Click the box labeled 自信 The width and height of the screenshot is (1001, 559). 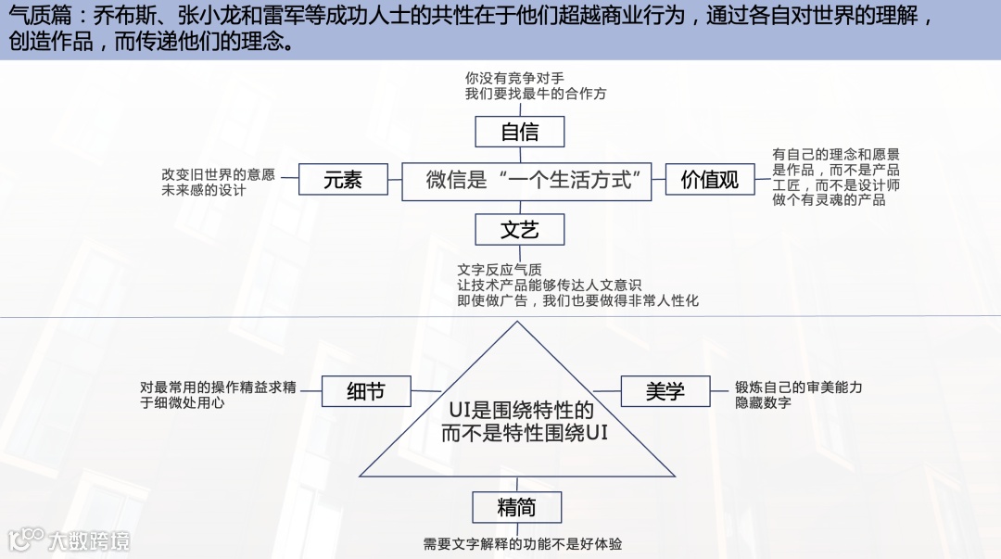coord(519,132)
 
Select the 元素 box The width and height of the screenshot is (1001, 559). coord(343,180)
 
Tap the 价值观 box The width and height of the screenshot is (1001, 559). coord(710,180)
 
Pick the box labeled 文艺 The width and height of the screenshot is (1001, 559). coord(519,229)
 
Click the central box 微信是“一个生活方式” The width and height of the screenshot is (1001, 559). coord(527,180)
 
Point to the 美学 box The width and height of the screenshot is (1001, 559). coord(665,391)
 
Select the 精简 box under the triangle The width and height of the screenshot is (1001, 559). coord(516,506)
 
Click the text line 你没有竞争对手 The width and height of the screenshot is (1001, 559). coord(514,79)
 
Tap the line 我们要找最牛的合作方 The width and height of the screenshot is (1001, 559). coord(536,94)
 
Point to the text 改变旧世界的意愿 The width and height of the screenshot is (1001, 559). coord(218,173)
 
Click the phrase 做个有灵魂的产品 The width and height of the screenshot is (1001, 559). coord(829,199)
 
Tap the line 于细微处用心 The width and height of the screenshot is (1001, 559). coord(183,402)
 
